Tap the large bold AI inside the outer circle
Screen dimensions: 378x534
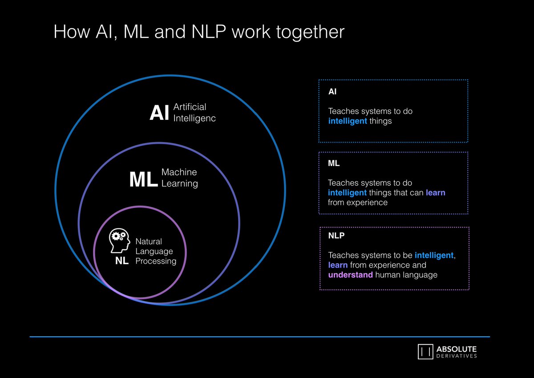159,113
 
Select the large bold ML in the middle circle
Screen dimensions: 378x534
143,180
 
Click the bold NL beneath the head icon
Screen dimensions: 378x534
122,261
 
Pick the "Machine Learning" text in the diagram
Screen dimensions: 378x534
179,178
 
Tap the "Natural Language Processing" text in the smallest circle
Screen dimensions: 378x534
155,252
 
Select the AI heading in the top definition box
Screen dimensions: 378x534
332,92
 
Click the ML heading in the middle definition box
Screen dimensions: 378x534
334,163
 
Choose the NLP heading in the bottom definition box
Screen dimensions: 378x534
336,236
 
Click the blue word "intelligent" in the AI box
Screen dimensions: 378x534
348,121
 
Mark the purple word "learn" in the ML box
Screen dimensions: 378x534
435,193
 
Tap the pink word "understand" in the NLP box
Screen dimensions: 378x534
350,275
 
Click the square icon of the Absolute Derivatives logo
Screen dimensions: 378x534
425,351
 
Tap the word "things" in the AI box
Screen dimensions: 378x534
380,121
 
